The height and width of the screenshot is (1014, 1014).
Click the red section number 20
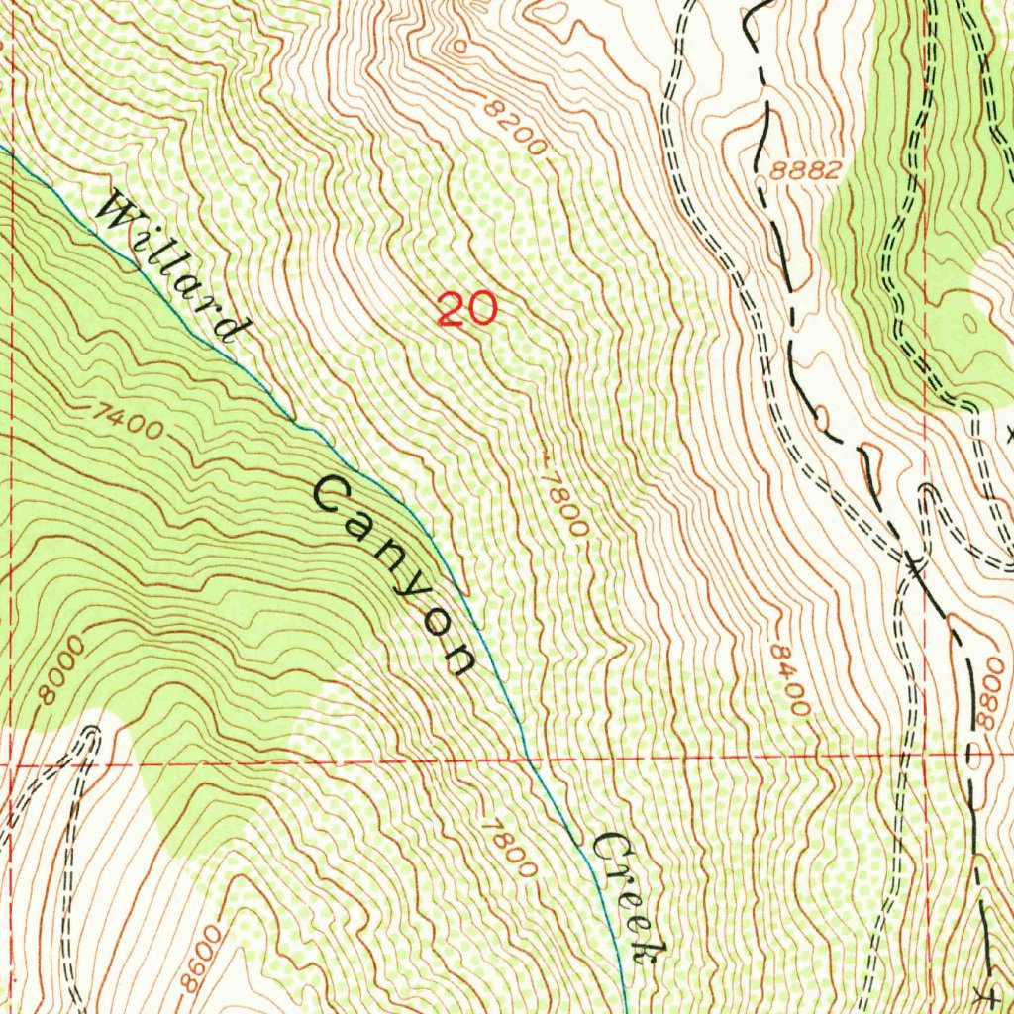(x=466, y=310)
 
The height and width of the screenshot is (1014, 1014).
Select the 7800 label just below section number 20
(x=564, y=502)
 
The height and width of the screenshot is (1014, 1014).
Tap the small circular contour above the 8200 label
(x=458, y=46)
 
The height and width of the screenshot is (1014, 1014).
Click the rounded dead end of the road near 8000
(x=92, y=734)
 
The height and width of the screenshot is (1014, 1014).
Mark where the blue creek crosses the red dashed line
(x=532, y=760)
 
